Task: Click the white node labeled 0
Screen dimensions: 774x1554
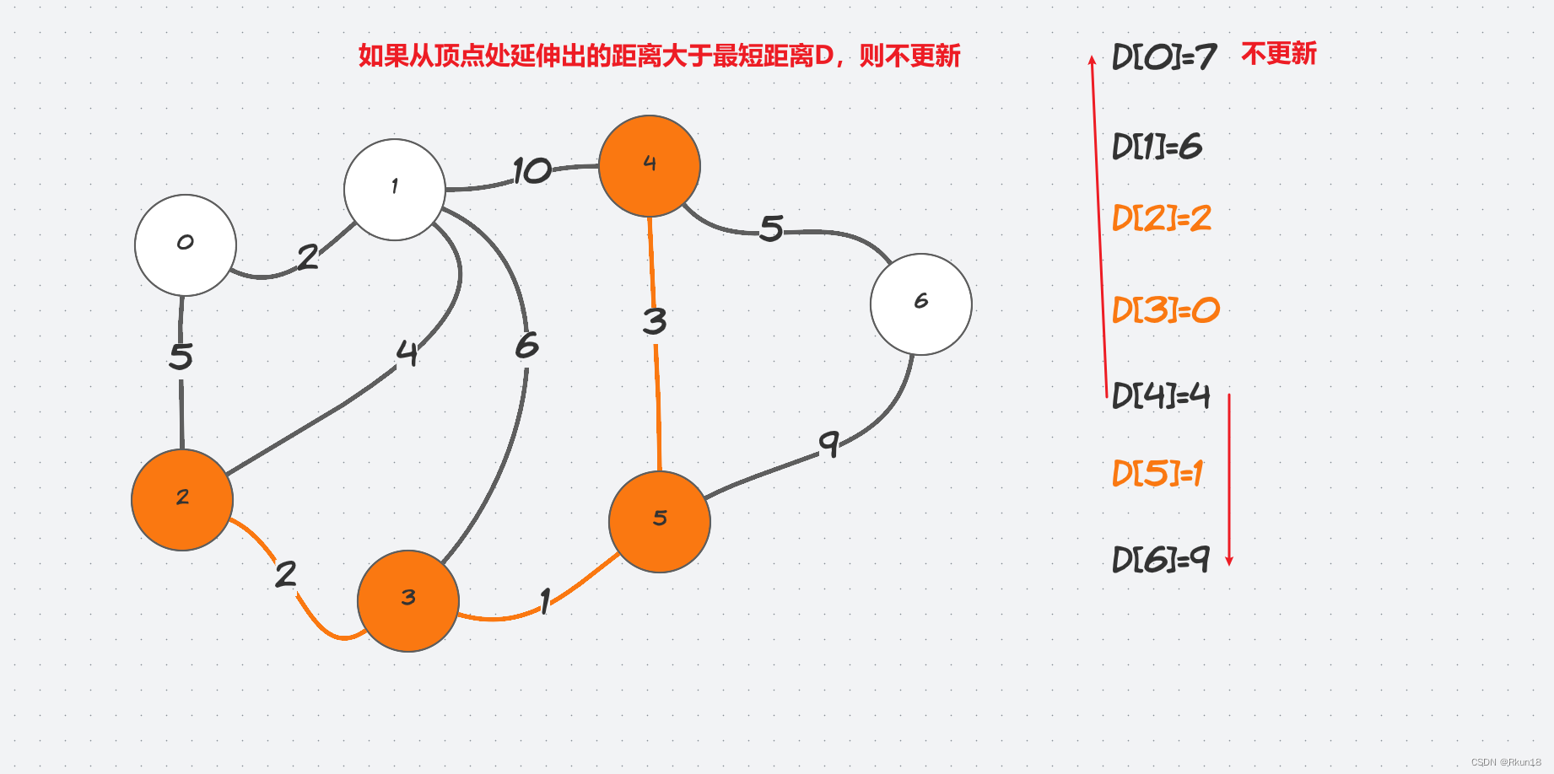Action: coord(186,245)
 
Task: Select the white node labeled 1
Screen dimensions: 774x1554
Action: coord(395,190)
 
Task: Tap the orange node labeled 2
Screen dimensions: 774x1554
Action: coord(182,500)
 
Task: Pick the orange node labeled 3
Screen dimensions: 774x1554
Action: coord(408,601)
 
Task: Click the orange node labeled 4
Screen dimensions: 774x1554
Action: coord(650,166)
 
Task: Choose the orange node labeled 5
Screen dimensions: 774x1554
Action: coord(660,522)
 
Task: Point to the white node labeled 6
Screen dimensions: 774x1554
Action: coord(921,304)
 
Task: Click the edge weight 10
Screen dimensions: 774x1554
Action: coord(532,171)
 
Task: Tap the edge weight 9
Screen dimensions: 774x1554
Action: coord(829,443)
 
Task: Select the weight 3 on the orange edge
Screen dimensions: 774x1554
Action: coord(655,321)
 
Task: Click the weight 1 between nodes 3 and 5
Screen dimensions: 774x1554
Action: coord(546,600)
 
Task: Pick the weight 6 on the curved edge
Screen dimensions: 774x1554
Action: coord(527,345)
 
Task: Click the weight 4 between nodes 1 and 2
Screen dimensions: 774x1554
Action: coord(407,353)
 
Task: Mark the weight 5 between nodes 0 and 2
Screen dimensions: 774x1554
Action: coord(181,357)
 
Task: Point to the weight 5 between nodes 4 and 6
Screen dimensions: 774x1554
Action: coord(771,228)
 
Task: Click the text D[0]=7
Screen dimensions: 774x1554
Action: coord(1164,57)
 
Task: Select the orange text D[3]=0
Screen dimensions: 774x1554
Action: coord(1166,310)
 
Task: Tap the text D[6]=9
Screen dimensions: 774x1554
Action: coord(1161,559)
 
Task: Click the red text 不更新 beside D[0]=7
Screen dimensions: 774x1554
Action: coord(1279,54)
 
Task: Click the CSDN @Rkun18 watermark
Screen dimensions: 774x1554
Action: coord(1506,762)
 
